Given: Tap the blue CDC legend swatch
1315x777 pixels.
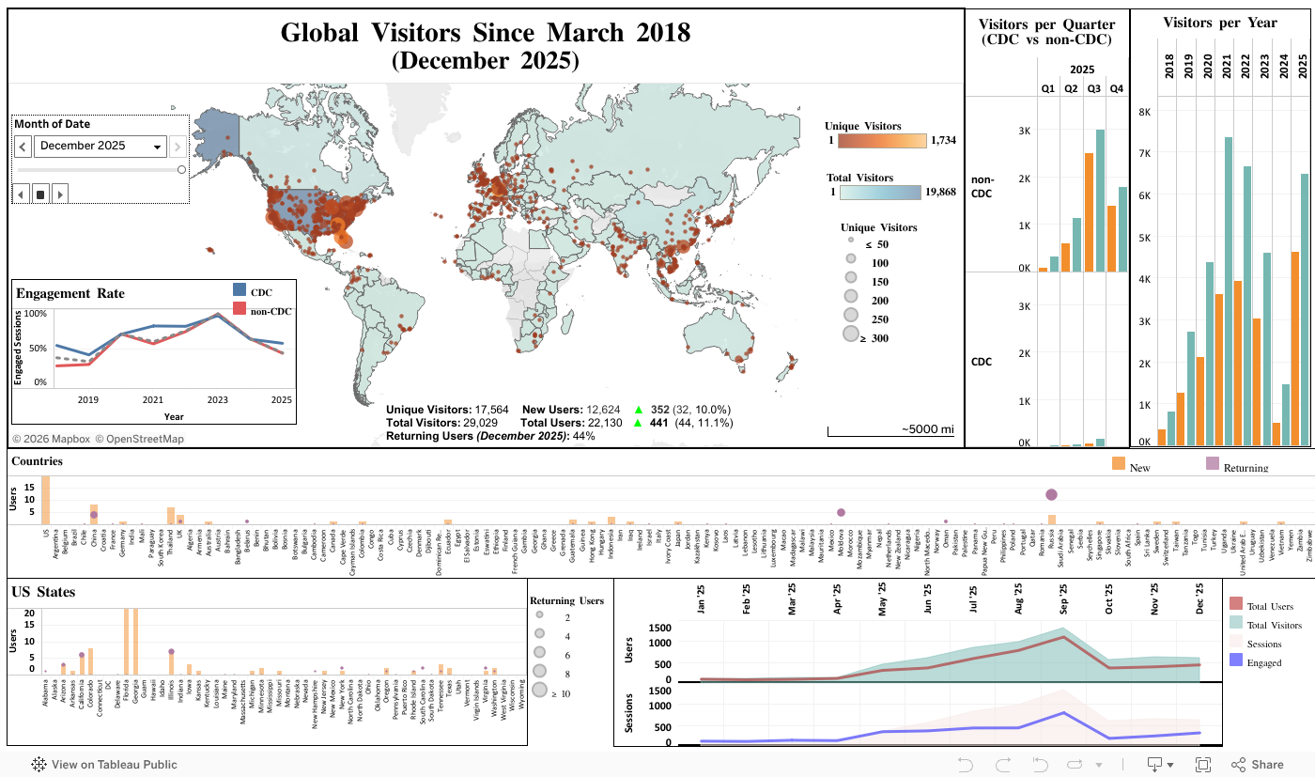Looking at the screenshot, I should click(239, 290).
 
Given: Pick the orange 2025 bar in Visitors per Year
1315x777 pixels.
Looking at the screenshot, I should click(1295, 348).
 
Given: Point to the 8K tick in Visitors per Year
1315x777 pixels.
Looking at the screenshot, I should click(1144, 111).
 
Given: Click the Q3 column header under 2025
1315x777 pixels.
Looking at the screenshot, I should click(1093, 89).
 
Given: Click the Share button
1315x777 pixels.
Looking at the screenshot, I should click(1258, 765).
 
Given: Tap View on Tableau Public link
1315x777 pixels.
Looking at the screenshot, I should click(104, 765).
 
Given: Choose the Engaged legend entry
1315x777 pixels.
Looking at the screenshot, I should click(1263, 662).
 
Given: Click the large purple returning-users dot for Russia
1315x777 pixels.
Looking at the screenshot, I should click(1051, 494).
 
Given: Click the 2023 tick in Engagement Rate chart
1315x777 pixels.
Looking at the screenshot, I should click(217, 399).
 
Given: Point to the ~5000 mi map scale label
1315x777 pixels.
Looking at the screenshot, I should click(927, 429).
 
